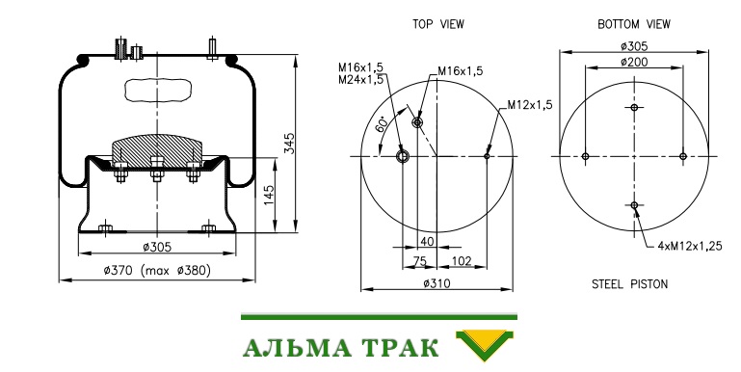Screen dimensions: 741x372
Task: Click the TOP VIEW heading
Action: tap(438, 24)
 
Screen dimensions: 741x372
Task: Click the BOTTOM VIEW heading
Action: tap(634, 24)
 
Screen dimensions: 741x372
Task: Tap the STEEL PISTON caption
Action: tap(629, 284)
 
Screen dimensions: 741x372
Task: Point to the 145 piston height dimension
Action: tap(268, 196)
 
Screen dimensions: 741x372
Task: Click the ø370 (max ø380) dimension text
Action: tap(157, 271)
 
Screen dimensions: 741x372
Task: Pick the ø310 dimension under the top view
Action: tap(437, 283)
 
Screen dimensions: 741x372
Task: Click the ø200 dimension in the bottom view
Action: tap(634, 62)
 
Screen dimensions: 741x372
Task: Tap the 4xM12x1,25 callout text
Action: tap(690, 246)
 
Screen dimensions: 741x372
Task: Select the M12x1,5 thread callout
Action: tap(530, 104)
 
